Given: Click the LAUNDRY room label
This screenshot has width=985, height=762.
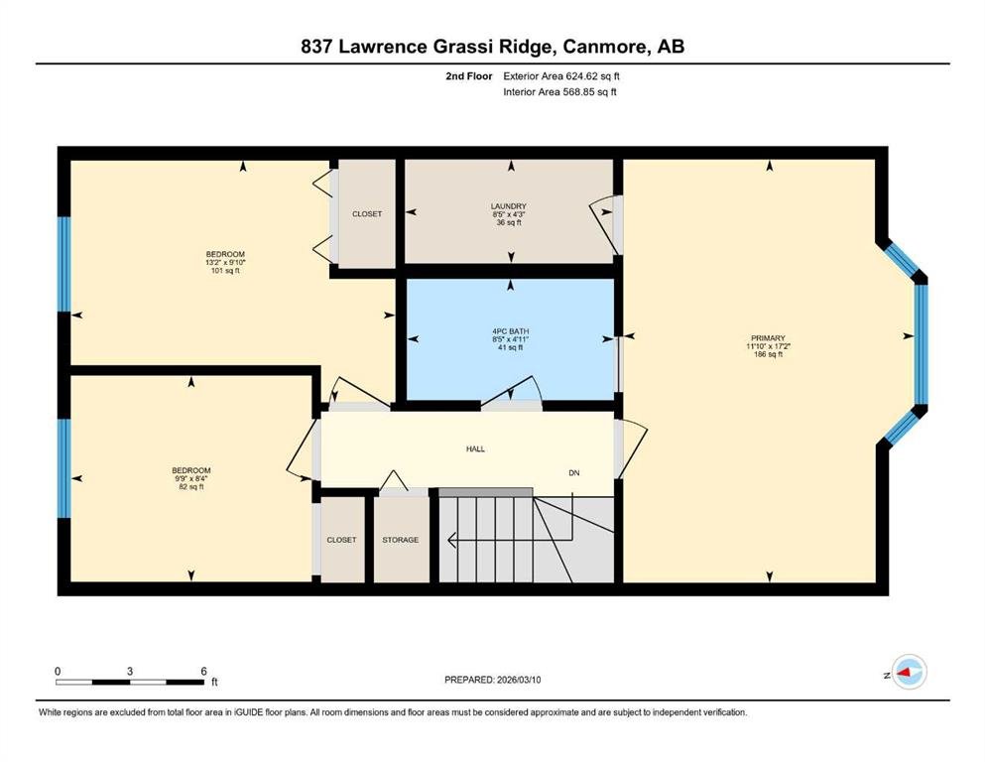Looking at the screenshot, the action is (508, 206).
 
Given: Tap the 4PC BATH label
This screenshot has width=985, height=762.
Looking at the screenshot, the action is (510, 331).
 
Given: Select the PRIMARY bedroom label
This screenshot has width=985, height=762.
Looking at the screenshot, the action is (768, 338).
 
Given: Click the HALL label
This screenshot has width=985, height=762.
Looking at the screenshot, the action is (475, 449).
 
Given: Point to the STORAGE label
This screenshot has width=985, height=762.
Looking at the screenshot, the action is (400, 540).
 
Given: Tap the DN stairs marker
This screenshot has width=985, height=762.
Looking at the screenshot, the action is (574, 473).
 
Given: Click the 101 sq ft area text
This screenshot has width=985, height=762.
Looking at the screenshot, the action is (225, 271).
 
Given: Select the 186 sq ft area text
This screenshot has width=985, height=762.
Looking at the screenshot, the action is (768, 354).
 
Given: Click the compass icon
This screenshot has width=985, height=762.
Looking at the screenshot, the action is (909, 672).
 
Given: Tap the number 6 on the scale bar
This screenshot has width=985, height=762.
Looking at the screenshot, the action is (203, 671).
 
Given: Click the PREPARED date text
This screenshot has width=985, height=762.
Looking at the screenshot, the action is (492, 680).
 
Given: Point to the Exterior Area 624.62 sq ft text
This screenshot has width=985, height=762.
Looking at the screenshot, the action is (561, 76).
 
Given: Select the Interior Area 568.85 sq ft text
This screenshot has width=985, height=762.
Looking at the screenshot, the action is (559, 91).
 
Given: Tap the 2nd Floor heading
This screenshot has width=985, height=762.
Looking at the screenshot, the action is (469, 76).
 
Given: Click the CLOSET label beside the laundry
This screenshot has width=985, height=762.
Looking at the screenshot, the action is (367, 214).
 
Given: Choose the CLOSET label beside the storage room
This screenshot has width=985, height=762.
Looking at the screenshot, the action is (341, 540).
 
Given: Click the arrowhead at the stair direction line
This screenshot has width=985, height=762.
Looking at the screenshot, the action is (451, 539).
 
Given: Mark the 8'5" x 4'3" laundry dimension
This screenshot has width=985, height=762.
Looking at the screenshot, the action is (508, 214).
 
